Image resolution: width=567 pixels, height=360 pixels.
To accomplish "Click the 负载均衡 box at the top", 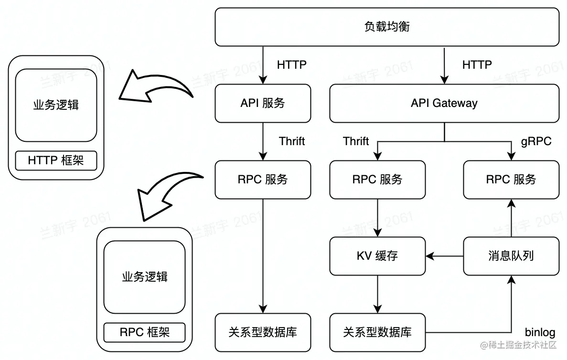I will tap(387, 27).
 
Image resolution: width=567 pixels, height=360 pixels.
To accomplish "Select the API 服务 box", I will tap(263, 103).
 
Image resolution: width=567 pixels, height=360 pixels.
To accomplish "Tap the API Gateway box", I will tap(444, 103).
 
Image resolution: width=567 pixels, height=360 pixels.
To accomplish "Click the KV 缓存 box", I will tap(377, 256).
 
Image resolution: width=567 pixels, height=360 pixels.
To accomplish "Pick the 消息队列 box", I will tap(511, 256).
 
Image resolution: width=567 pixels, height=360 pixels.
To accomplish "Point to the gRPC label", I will tap(536, 141).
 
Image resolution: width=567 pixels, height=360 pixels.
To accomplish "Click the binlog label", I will tap(540, 332).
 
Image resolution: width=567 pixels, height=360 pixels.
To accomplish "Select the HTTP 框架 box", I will tap(56, 160).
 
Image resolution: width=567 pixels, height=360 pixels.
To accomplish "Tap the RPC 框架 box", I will tap(145, 332).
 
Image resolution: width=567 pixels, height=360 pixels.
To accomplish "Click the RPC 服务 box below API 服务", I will tap(263, 180).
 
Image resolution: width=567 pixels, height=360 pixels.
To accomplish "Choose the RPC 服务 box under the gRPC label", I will tap(511, 180).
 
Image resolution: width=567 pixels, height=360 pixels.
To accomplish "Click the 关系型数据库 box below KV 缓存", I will tap(377, 332).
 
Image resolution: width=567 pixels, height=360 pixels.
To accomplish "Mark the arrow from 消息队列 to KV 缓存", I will tap(444, 256).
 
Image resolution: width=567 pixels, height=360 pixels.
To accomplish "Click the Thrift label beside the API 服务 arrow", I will tap(292, 141).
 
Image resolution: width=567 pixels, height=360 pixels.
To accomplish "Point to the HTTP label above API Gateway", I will tap(477, 64).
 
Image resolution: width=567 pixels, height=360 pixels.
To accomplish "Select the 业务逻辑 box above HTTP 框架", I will tap(56, 105).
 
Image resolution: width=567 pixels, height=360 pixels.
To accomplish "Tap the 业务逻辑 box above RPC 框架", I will tap(145, 277).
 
